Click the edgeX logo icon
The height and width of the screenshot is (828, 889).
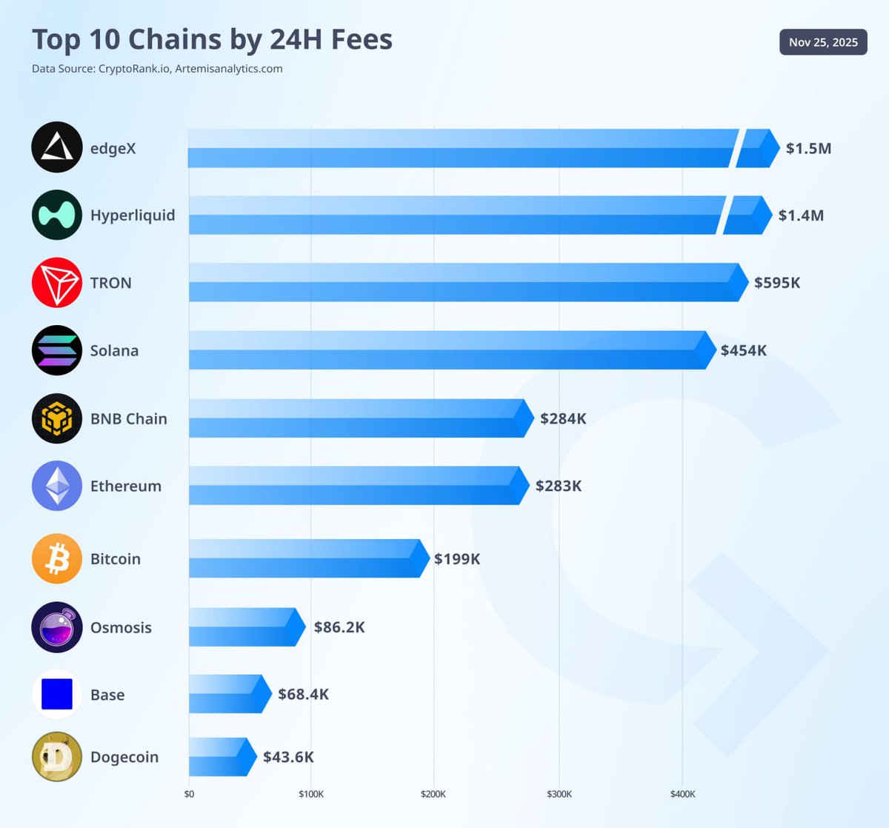click(x=57, y=147)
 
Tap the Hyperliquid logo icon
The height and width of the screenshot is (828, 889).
click(x=57, y=215)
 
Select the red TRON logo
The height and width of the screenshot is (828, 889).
click(x=57, y=282)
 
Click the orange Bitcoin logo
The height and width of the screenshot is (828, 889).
click(x=57, y=558)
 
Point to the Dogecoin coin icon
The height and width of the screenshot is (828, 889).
click(x=57, y=756)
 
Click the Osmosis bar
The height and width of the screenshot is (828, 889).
click(x=244, y=627)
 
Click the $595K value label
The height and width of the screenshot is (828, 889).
click(x=776, y=282)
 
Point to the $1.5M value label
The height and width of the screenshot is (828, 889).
click(x=808, y=148)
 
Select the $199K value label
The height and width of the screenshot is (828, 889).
click(x=456, y=558)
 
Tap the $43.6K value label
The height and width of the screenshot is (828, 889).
click(x=288, y=757)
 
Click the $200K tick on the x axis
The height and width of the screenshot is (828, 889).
click(x=433, y=794)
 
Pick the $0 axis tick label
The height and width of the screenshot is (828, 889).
click(x=189, y=794)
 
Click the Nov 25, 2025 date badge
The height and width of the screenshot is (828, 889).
click(x=823, y=42)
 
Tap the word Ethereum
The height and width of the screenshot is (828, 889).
click(x=125, y=486)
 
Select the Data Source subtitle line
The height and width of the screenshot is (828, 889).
click(x=157, y=69)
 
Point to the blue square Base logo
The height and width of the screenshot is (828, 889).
click(x=57, y=694)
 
